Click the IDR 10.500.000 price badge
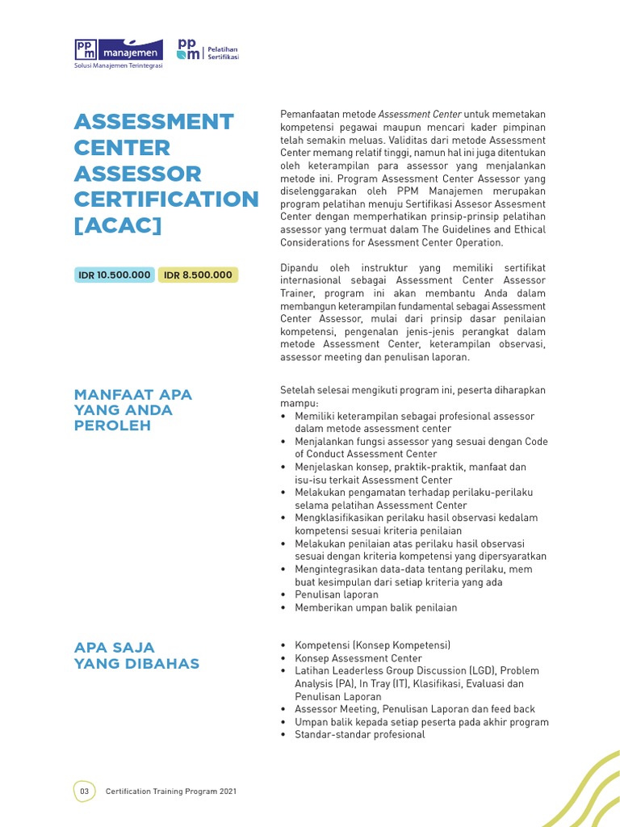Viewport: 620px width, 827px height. click(115, 275)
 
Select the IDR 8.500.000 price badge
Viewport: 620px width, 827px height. click(198, 275)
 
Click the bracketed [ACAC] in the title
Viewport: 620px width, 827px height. click(117, 225)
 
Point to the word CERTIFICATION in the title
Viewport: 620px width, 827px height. click(166, 199)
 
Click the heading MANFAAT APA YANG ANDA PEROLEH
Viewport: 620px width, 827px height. click(133, 409)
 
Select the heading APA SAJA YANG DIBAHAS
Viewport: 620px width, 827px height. click(136, 655)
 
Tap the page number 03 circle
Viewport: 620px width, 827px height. click(84, 791)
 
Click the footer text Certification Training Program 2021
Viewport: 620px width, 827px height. click(170, 791)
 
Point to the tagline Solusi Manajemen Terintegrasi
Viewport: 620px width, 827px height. click(118, 66)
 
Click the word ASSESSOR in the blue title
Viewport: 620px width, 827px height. click(137, 173)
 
